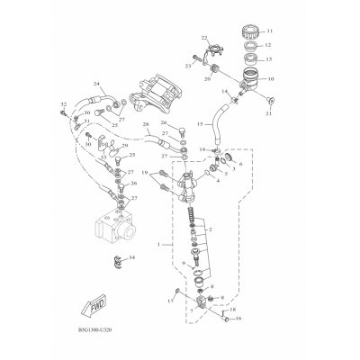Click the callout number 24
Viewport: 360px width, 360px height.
(x=95, y=84)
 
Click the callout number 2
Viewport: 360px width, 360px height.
(x=211, y=229)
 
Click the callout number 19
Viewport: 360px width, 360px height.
(x=169, y=172)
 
